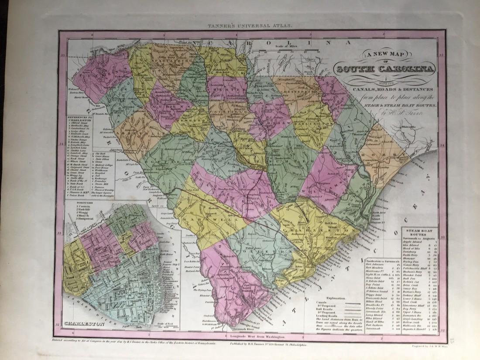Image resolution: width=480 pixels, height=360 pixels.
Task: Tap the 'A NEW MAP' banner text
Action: point(383,55)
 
